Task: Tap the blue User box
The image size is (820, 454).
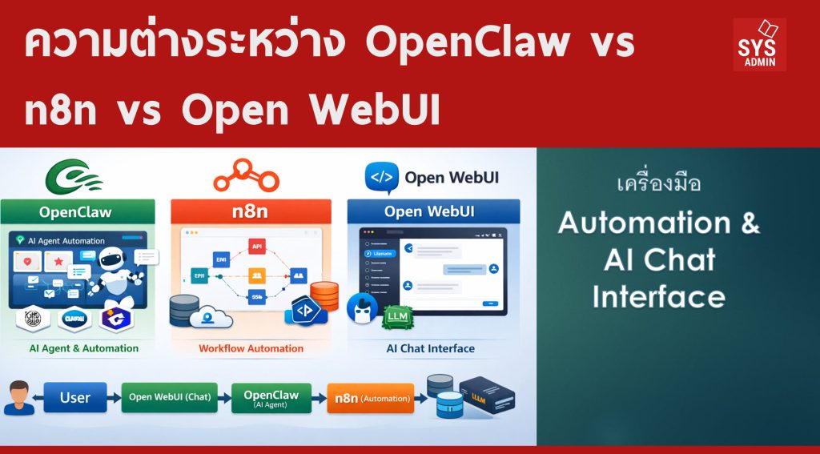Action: (x=75, y=398)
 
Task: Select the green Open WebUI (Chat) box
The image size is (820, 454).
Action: (x=169, y=398)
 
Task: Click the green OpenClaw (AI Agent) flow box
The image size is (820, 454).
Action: (x=271, y=398)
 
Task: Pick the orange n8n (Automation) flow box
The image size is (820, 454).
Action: (x=371, y=398)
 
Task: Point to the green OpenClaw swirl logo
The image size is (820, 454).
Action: (x=72, y=176)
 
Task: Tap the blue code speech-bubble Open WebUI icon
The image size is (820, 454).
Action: (x=381, y=178)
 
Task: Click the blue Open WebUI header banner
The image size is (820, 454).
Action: (x=432, y=212)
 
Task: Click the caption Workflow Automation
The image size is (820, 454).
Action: (x=251, y=348)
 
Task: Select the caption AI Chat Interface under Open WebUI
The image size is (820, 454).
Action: (x=430, y=348)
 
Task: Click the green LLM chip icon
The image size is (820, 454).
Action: (x=397, y=315)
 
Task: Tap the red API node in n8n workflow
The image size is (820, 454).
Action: (x=256, y=247)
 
